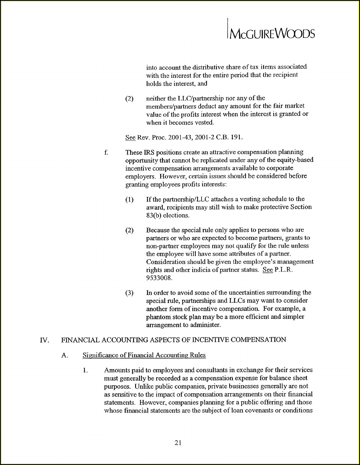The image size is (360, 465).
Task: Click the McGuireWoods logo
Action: click(x=271, y=33)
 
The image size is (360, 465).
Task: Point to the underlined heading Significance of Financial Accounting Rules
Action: click(x=144, y=355)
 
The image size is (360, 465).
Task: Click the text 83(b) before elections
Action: click(x=153, y=215)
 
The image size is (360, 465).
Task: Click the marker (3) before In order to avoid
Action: click(x=129, y=293)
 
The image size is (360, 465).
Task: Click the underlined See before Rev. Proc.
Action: click(x=130, y=137)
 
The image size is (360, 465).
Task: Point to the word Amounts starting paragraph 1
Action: click(x=117, y=370)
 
